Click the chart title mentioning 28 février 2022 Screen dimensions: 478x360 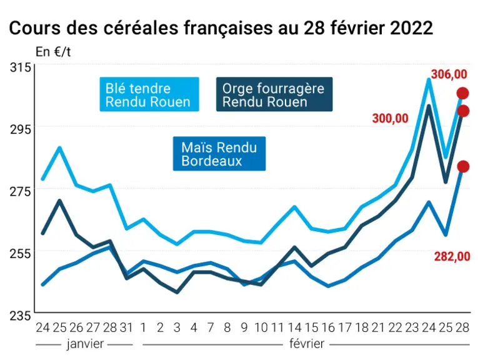click(221, 28)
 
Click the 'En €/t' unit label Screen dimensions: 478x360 click(53, 52)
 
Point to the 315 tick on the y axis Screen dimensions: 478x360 click(21, 67)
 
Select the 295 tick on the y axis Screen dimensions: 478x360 click(21, 129)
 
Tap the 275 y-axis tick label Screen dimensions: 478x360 click(21, 191)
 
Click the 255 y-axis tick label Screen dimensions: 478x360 click(21, 253)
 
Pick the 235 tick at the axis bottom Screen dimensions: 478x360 click(21, 316)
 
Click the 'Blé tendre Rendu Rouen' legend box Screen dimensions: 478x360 click(149, 94)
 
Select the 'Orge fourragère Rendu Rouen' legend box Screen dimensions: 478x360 click(274, 94)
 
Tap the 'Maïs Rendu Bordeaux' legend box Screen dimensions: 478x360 click(219, 154)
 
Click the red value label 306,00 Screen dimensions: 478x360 click(449, 74)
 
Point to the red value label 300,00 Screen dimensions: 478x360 click(390, 118)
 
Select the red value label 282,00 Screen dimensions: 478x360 click(452, 257)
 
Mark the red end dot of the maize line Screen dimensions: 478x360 click(463, 166)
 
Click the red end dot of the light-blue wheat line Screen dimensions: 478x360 click(462, 93)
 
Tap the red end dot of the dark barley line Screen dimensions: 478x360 click(463, 111)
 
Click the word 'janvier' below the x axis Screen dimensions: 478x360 click(85, 344)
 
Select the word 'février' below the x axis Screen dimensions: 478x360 click(307, 344)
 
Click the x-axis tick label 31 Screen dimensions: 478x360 click(126, 327)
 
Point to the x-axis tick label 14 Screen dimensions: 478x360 click(294, 327)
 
